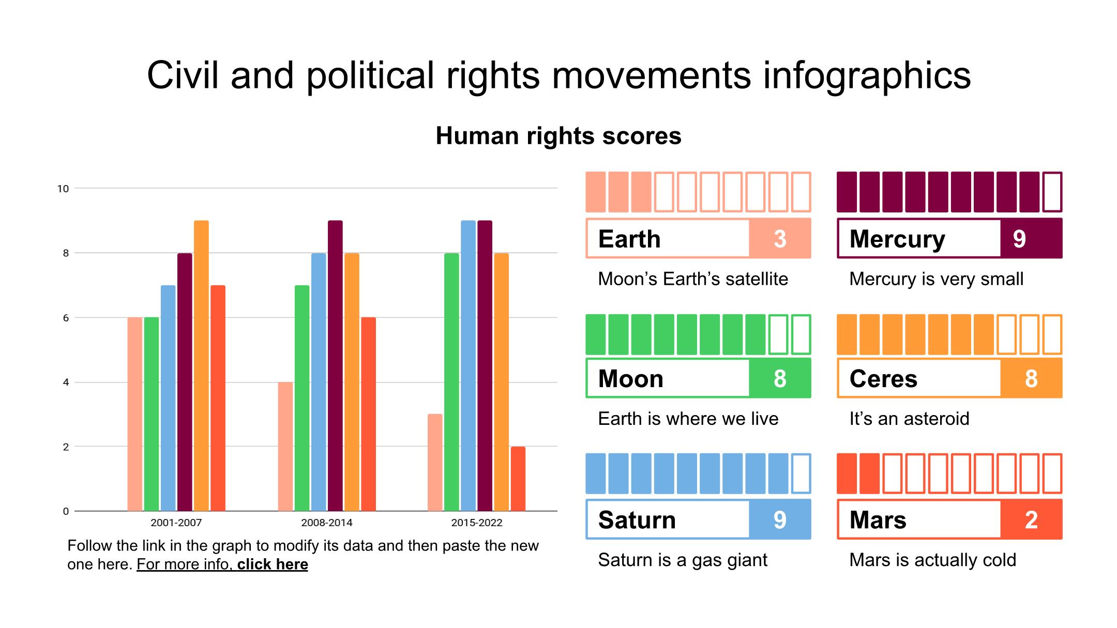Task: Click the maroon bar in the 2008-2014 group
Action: [335, 366]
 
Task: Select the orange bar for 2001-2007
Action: [201, 366]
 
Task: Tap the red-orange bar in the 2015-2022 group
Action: [518, 479]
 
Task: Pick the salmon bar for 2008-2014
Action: [285, 447]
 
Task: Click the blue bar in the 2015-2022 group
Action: [468, 366]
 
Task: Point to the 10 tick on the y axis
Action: [63, 189]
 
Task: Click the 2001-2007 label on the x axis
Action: [176, 523]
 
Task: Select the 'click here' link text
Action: [273, 564]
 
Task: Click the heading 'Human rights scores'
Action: [558, 136]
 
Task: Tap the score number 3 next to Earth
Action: [780, 239]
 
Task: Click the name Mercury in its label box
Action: [897, 239]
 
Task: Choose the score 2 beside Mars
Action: [1031, 519]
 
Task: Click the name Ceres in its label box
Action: [883, 379]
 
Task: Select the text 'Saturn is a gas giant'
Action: [683, 560]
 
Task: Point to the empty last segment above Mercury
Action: [1052, 192]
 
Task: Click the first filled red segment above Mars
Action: [847, 473]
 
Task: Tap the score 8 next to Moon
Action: [780, 379]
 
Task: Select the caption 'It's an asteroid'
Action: [909, 419]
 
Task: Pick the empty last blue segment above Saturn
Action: [801, 473]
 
